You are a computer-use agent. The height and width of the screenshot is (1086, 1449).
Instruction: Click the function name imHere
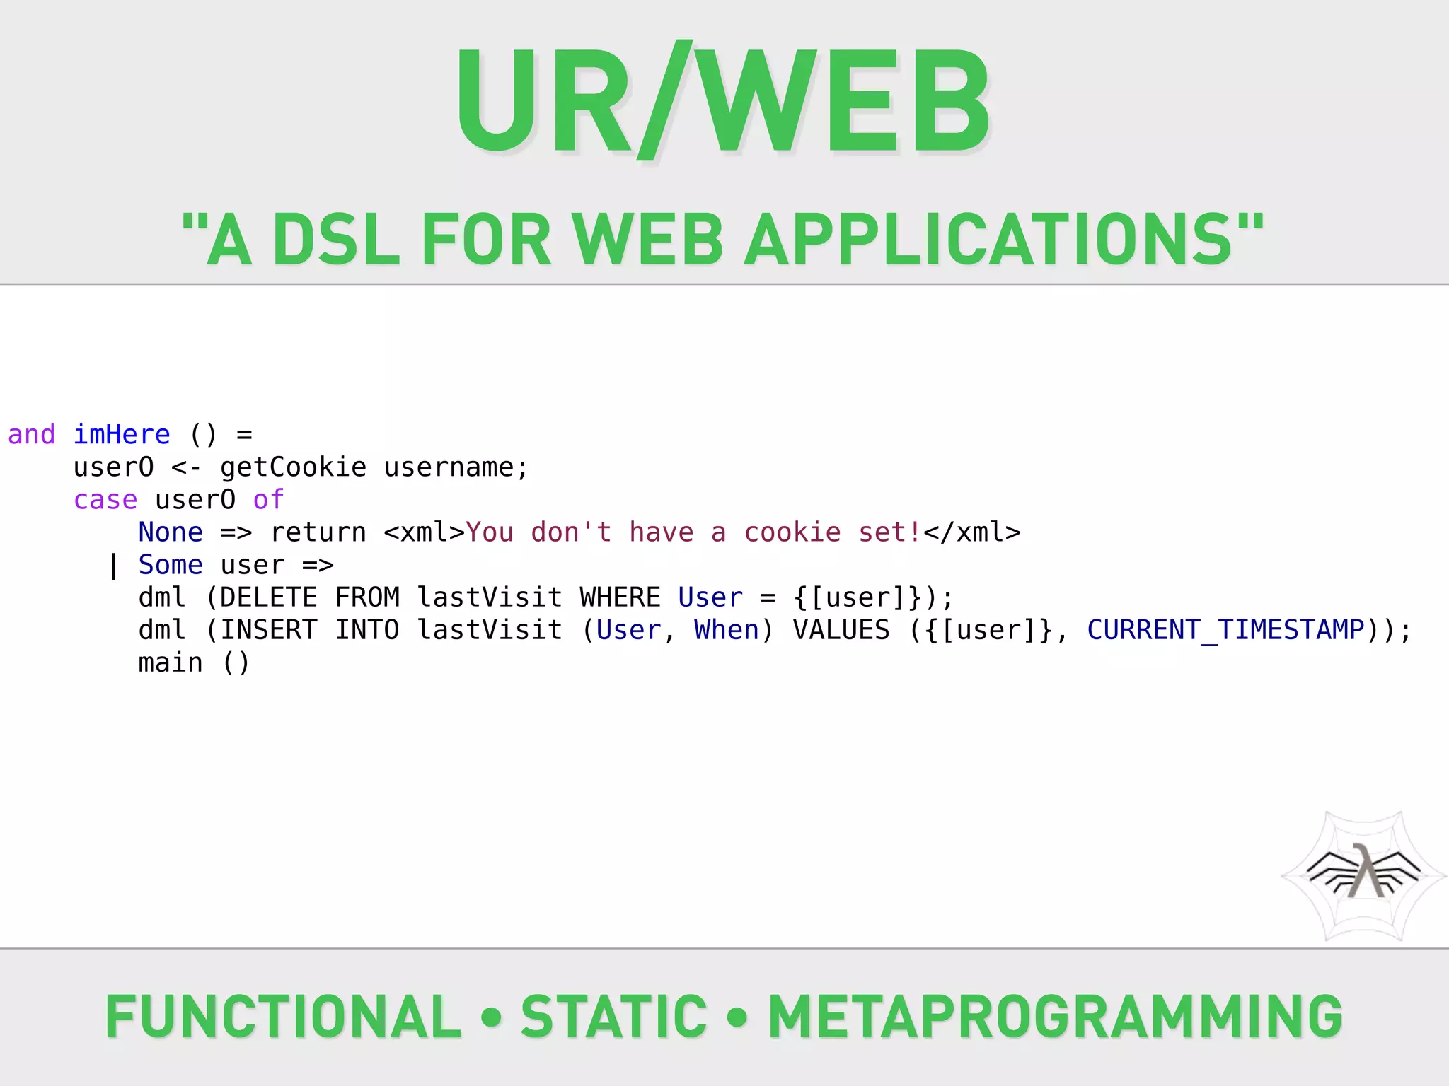(x=122, y=434)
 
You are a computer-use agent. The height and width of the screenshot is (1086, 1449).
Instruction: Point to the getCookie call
(x=293, y=467)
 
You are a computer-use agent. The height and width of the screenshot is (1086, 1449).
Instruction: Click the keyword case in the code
(x=105, y=500)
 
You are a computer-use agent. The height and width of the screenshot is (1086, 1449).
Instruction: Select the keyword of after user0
(x=268, y=500)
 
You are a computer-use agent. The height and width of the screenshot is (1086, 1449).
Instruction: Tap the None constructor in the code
(x=171, y=532)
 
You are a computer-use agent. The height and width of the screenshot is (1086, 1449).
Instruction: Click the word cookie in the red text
(x=792, y=532)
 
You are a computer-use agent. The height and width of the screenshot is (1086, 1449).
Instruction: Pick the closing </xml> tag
(x=972, y=532)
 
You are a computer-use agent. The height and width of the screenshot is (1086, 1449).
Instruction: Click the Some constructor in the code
(x=171, y=565)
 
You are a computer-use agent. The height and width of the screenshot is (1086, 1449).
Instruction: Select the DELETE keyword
(x=269, y=597)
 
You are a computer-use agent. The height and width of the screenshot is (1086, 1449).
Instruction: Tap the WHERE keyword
(x=620, y=597)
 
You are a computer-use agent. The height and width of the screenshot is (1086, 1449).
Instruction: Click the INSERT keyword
(x=269, y=630)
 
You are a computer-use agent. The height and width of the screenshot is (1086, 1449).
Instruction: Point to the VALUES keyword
(x=841, y=630)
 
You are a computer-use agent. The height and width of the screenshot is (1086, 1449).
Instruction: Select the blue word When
(x=726, y=630)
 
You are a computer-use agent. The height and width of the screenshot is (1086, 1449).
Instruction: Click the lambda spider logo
(x=1364, y=875)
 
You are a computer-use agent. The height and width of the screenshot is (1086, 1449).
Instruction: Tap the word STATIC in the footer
(x=613, y=1017)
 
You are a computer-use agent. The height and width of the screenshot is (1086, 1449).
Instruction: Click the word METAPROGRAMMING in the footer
(x=1055, y=1017)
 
